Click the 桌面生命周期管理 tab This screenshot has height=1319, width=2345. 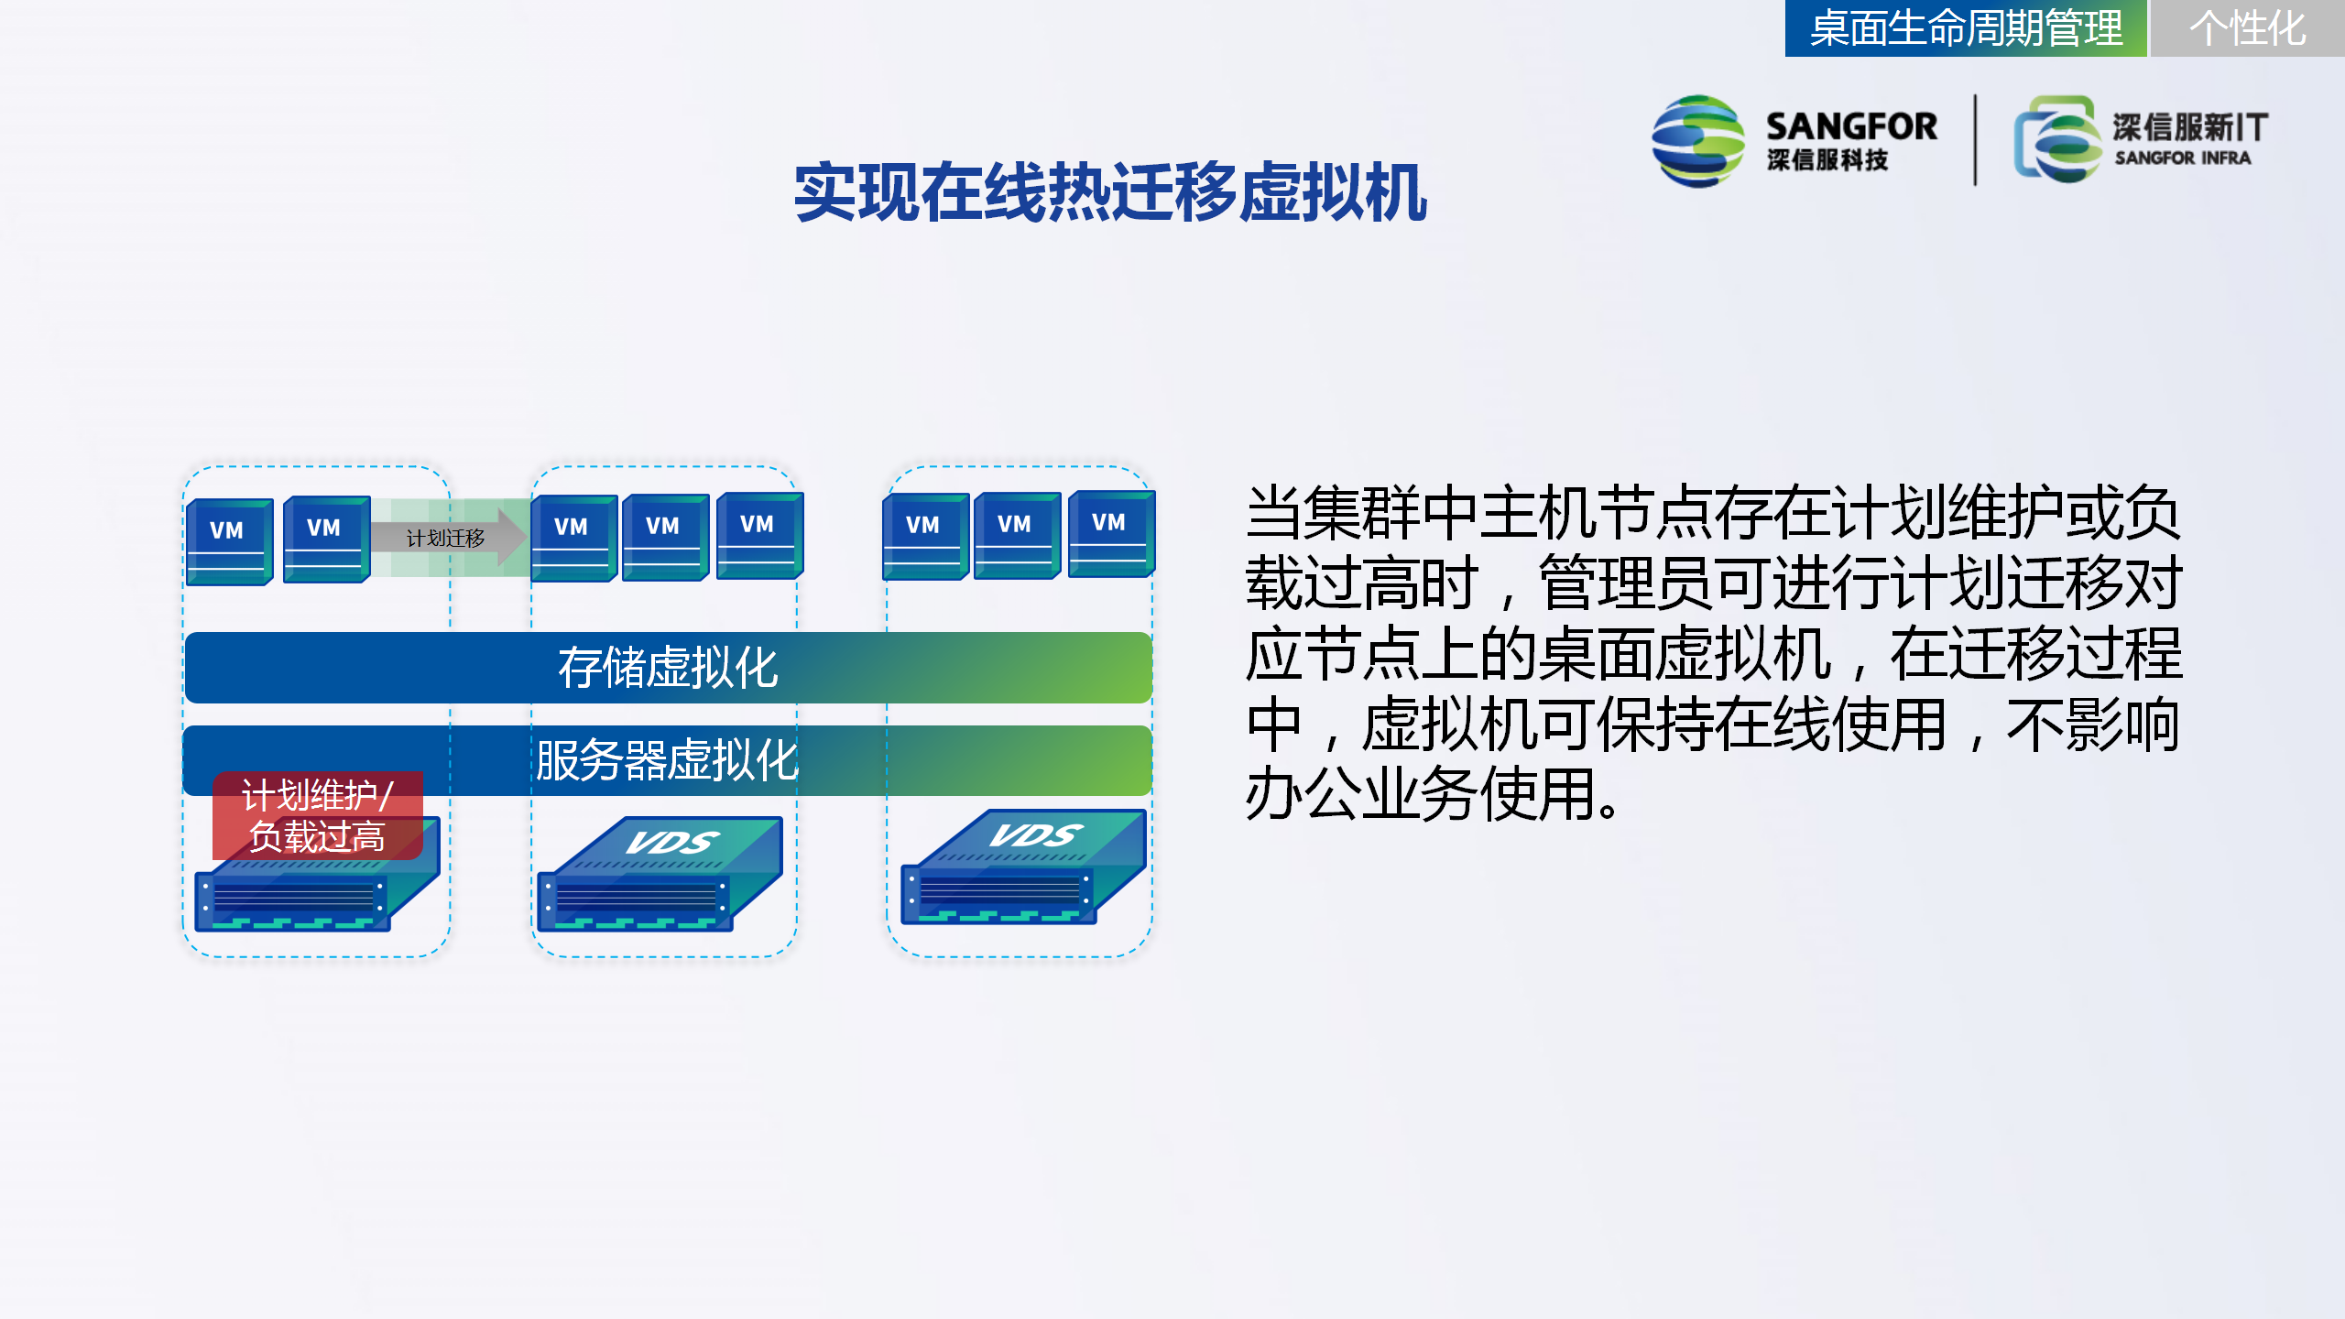click(1966, 28)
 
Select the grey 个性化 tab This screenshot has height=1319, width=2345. click(2247, 28)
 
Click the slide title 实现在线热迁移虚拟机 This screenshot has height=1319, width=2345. click(1110, 192)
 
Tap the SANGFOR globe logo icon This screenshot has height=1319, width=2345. click(1698, 141)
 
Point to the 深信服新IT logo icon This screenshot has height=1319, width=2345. click(2057, 139)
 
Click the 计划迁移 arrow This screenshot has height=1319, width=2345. click(449, 538)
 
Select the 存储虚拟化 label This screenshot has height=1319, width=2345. click(668, 667)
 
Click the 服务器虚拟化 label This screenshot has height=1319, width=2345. click(668, 760)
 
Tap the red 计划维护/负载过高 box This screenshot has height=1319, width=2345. click(318, 815)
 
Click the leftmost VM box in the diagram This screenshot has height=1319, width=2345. click(229, 541)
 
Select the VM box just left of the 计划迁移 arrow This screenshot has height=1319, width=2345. click(326, 539)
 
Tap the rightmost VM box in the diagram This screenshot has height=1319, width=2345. click(1111, 534)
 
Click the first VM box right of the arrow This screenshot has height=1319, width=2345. click(573, 538)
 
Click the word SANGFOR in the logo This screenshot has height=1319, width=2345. click(1851, 126)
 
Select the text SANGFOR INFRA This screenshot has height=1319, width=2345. click(2183, 158)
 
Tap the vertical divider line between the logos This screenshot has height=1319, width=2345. click(1975, 139)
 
